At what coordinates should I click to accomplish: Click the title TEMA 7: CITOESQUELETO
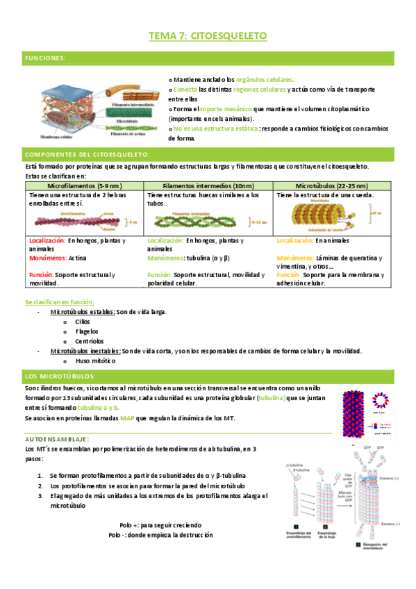click(208, 35)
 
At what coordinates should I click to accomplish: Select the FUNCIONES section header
click(45, 58)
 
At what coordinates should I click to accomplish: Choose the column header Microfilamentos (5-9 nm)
click(84, 186)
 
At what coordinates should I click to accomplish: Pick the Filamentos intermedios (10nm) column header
click(208, 186)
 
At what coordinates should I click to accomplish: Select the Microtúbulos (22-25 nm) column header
click(331, 186)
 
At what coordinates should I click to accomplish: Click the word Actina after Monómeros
click(78, 257)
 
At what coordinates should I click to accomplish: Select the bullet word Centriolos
click(90, 341)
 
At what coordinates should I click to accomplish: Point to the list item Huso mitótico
click(96, 361)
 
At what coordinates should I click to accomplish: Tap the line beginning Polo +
click(160, 525)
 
